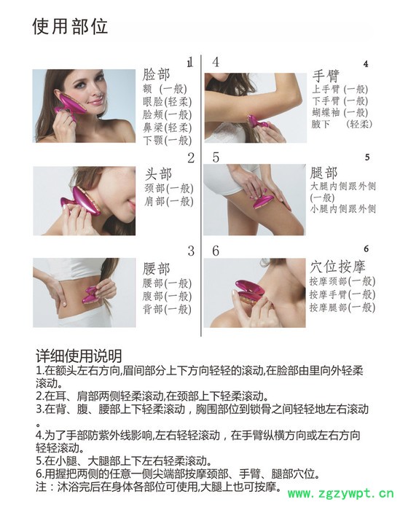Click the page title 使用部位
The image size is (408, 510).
71,27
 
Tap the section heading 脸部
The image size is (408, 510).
157,75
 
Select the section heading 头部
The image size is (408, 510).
158,174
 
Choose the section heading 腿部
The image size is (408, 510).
324,173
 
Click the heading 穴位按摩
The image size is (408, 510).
339,267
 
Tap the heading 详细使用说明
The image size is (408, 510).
79,356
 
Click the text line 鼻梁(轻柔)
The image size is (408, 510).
167,127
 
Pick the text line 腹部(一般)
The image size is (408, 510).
167,296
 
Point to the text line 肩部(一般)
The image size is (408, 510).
168,201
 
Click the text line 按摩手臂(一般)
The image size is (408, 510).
342,294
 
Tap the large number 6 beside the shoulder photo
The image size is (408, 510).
216,251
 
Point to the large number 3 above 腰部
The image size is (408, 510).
191,251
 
